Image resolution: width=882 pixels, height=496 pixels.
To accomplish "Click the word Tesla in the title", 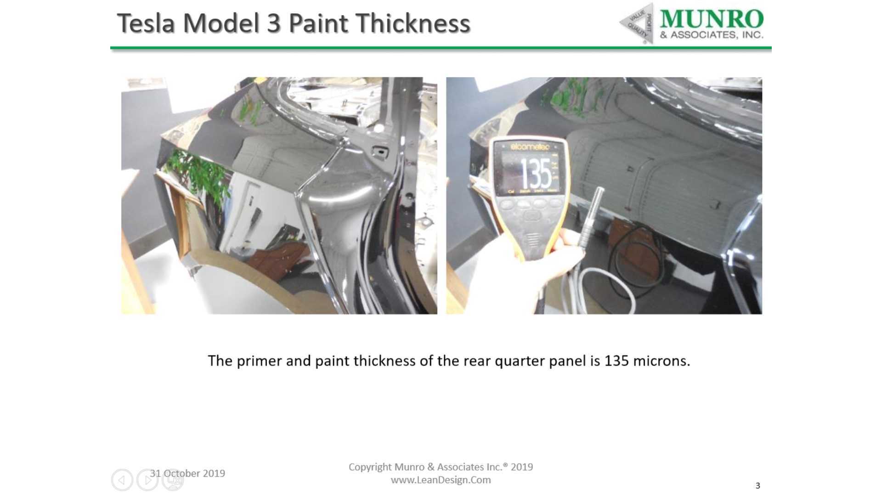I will coord(146,23).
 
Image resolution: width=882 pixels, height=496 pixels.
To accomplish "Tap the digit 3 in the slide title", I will coord(274,23).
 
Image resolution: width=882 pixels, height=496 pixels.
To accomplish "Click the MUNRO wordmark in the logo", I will coord(712,19).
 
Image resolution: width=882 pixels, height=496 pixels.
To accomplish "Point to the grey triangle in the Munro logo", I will coord(637,23).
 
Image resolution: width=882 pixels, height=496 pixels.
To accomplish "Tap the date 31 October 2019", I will coord(187,473).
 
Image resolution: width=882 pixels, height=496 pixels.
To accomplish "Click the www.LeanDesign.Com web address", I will coord(441,480).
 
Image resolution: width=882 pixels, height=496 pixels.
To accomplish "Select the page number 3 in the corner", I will coord(758,486).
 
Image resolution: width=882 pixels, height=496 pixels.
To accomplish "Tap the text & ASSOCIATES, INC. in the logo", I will coord(712,35).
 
